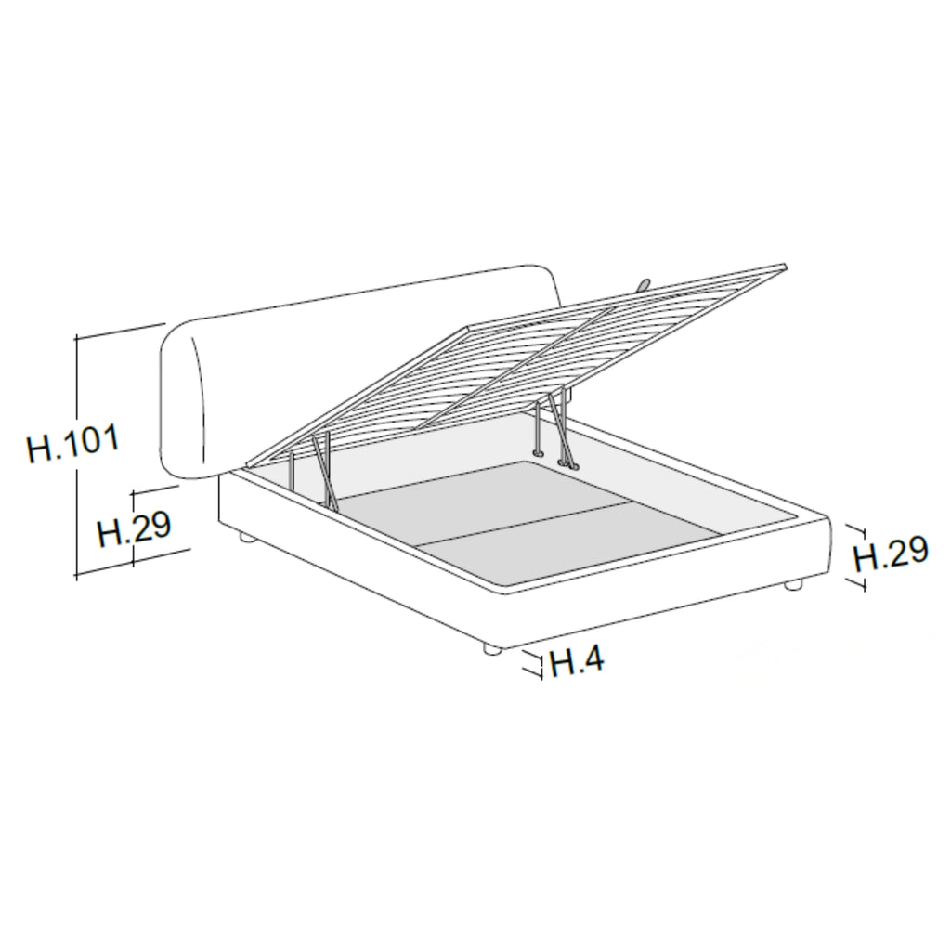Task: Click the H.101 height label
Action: (x=73, y=445)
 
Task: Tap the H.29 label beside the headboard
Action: (x=134, y=529)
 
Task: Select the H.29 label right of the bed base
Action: (x=890, y=554)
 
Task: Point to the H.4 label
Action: (x=577, y=661)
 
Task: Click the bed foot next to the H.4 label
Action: (x=492, y=650)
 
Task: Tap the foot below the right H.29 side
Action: (x=792, y=585)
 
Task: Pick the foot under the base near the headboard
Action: (x=246, y=537)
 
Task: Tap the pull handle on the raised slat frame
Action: (x=642, y=284)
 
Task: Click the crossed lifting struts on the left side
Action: (x=322, y=469)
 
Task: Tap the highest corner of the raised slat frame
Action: (x=785, y=267)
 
